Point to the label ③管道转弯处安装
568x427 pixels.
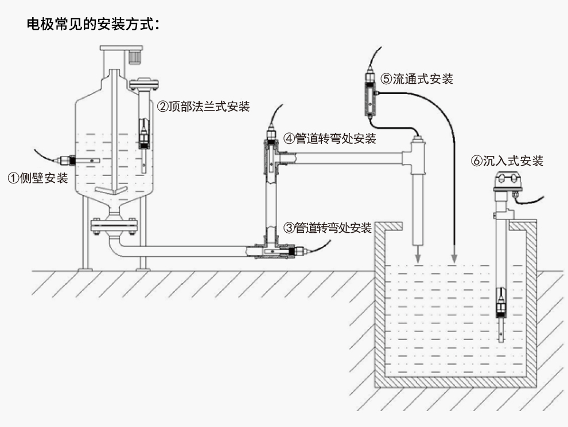tap(328, 228)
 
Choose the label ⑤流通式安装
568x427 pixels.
tap(417, 79)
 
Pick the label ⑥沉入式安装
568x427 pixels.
tap(507, 161)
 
